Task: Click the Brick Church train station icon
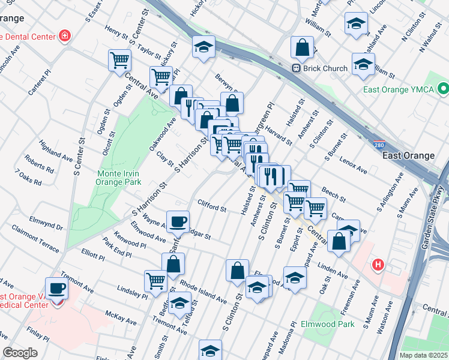296,68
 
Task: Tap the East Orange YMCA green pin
444,90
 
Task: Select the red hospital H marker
378,263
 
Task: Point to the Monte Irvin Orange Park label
119,177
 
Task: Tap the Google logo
20,353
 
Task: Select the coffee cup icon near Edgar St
178,221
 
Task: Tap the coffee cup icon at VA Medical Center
57,289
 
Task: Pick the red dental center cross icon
64,36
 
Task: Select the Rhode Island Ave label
203,291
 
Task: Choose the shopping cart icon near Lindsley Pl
155,280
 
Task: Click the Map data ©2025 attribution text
423,355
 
